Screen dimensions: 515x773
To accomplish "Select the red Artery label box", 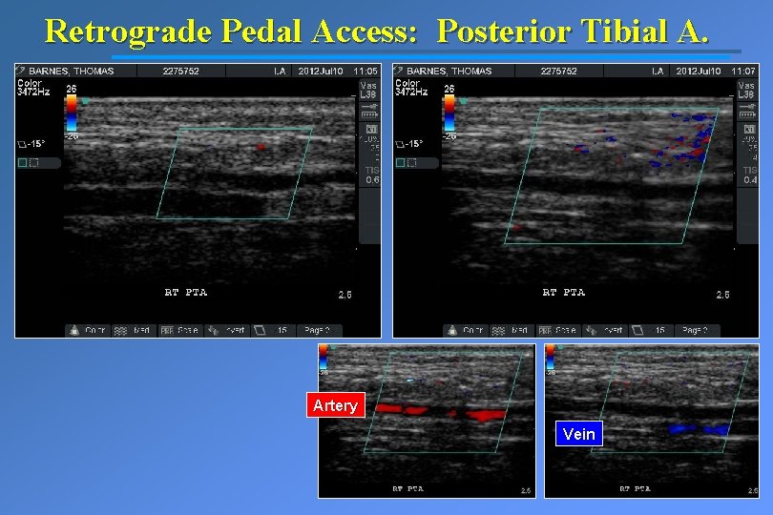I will coord(335,406).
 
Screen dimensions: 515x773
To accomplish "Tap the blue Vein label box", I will coord(578,435).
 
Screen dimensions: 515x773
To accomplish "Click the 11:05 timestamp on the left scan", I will coord(366,72).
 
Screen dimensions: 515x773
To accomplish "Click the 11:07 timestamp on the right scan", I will coord(743,72).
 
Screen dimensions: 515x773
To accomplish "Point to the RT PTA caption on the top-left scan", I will coord(185,292).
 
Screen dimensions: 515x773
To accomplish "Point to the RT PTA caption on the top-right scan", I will coord(563,292).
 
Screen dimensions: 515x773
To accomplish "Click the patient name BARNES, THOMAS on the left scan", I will coord(72,72).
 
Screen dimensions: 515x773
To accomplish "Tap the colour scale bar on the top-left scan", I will coord(71,111).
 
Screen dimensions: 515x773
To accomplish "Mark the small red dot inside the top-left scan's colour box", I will coord(260,147).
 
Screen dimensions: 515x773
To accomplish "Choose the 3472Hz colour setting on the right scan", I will coord(411,92).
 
